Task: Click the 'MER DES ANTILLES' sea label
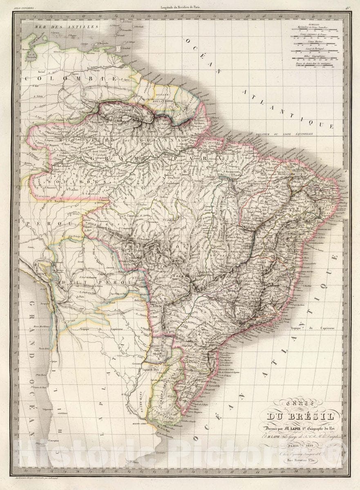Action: (x=61, y=27)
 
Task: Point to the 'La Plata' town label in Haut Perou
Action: (x=83, y=297)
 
